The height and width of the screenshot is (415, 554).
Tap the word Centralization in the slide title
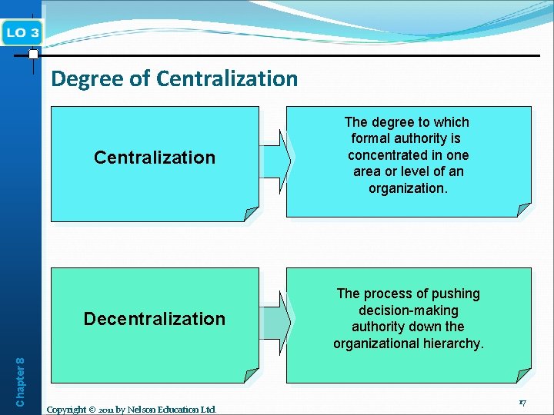(227, 78)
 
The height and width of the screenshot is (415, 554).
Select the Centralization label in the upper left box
(155, 158)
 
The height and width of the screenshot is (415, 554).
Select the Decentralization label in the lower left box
(155, 319)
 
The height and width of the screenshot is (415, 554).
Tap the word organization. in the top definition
(408, 188)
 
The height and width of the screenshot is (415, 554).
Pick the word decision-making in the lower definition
(409, 310)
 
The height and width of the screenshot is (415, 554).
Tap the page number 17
(522, 403)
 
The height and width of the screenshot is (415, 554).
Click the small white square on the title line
(33, 55)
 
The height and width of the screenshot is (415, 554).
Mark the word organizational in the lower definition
(377, 344)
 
